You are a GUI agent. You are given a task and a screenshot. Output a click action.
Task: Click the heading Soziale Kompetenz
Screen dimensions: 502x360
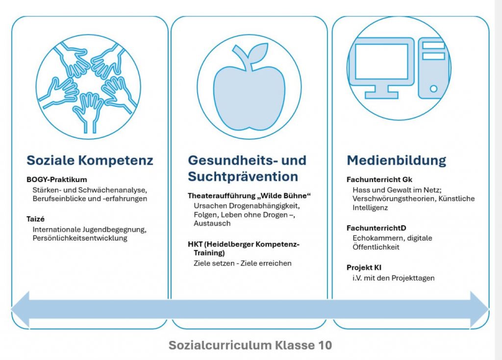[90, 160]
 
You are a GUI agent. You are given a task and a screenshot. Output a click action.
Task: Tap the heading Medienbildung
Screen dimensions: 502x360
[396, 160]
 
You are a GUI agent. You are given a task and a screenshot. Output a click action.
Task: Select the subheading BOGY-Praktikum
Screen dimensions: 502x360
[57, 180]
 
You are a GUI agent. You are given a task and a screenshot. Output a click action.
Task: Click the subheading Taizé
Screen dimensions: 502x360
[35, 219]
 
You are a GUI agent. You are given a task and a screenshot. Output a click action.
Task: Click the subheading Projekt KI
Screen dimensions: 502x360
[364, 267]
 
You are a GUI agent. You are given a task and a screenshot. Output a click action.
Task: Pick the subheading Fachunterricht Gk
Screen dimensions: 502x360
[379, 180]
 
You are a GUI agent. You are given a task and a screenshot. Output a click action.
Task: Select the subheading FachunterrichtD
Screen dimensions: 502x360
[376, 228]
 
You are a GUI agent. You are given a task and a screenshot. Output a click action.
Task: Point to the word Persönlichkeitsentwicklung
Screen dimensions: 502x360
[80, 238]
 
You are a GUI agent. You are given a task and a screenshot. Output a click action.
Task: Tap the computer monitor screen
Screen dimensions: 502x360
[381, 61]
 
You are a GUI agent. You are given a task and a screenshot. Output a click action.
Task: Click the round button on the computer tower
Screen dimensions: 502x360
[433, 89]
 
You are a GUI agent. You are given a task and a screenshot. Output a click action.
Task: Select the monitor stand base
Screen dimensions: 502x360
[381, 95]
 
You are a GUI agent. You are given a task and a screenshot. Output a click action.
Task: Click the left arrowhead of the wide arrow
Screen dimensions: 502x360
[20, 309]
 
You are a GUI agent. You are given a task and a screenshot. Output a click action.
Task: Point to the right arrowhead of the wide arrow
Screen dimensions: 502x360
[479, 309]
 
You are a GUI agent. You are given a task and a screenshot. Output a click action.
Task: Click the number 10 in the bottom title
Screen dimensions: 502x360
[325, 345]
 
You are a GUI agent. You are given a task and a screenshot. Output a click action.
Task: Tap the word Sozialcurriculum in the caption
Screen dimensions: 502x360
[220, 345]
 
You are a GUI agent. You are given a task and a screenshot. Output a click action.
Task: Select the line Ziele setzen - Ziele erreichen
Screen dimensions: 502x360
[243, 263]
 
